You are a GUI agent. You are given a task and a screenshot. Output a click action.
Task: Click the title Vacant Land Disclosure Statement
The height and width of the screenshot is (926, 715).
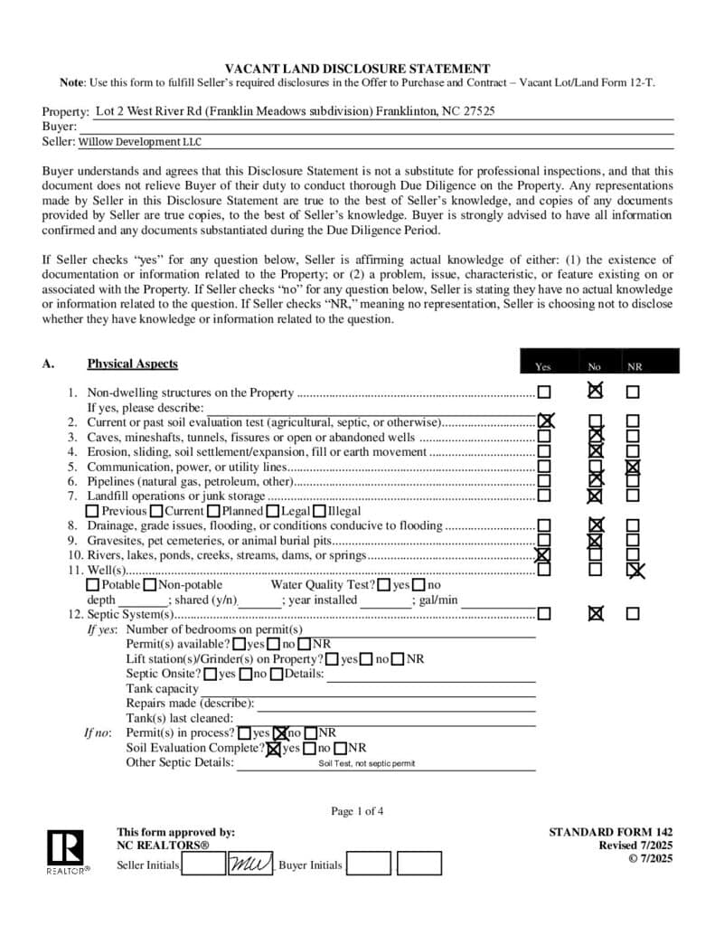tap(357, 69)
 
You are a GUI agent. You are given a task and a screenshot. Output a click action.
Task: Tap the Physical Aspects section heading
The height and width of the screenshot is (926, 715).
tap(132, 364)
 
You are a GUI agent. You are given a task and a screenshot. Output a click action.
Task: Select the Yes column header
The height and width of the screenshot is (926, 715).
tap(542, 366)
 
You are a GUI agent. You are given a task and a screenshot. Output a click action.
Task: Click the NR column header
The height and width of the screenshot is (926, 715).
tap(635, 366)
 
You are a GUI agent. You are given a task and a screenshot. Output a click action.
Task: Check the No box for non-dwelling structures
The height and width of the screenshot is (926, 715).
tap(594, 392)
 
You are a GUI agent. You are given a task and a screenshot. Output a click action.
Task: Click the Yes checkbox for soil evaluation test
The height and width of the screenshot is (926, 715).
tap(545, 421)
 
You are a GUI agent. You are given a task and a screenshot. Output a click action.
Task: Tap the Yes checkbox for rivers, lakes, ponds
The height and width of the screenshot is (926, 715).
tap(544, 555)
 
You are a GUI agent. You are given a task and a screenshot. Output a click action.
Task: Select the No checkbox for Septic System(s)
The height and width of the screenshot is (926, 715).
tap(595, 613)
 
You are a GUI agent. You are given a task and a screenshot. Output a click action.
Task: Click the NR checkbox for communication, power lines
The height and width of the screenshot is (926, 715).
tap(634, 467)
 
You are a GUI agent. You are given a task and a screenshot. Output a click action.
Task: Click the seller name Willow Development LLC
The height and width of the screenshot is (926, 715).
tap(140, 142)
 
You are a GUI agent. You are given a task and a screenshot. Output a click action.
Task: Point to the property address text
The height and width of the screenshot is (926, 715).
tap(295, 111)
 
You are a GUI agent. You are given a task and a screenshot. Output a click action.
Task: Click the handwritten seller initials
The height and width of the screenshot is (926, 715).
tap(249, 865)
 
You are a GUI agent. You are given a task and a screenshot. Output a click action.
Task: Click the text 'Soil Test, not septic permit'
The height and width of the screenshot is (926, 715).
tap(366, 763)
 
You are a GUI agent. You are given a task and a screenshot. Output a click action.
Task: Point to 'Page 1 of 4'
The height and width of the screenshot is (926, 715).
tap(357, 811)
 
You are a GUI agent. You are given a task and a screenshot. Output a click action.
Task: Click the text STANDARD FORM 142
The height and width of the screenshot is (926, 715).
tap(610, 832)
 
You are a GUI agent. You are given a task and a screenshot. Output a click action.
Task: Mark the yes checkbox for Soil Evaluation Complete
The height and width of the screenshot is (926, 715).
tap(273, 748)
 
